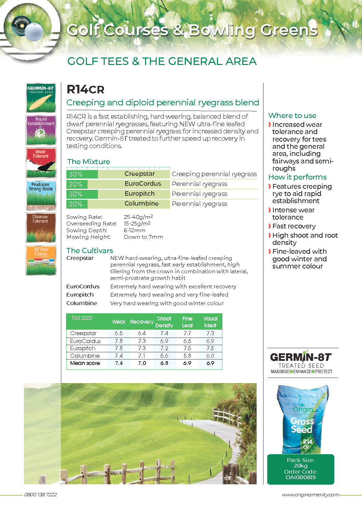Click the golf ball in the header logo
(x=34, y=31)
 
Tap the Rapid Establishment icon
(x=41, y=130)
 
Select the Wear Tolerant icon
(x=41, y=162)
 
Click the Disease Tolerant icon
(x=41, y=227)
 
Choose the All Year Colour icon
(x=41, y=260)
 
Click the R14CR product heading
(x=85, y=90)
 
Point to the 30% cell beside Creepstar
(x=76, y=174)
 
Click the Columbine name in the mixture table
(x=141, y=204)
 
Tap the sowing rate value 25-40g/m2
(x=138, y=217)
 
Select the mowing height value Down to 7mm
(x=143, y=237)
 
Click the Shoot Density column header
(x=164, y=322)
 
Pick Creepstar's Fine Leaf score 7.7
(x=187, y=333)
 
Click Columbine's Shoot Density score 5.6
(x=164, y=356)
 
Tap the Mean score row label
(x=85, y=363)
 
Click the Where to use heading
(x=292, y=116)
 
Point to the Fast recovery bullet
(x=294, y=226)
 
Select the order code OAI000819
(x=300, y=477)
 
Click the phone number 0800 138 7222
(x=40, y=495)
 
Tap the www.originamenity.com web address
(x=310, y=495)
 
